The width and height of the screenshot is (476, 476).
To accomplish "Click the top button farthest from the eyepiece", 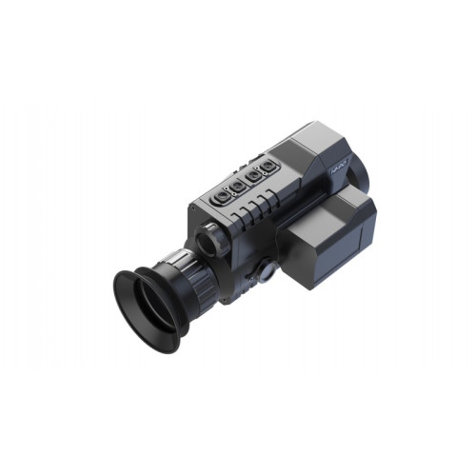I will click(x=269, y=167).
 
